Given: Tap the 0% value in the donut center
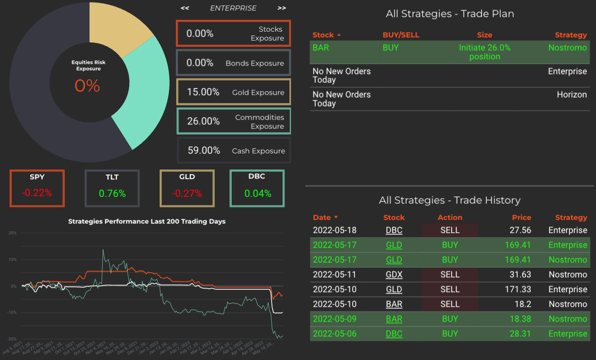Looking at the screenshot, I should pyautogui.click(x=87, y=86).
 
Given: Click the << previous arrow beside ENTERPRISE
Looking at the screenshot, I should pyautogui.click(x=185, y=8).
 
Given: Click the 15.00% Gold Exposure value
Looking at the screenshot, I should pyautogui.click(x=203, y=92).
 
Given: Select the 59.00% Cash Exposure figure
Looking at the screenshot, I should pyautogui.click(x=204, y=150).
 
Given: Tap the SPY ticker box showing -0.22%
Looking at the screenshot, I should pyautogui.click(x=37, y=188).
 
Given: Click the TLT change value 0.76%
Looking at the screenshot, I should pyautogui.click(x=112, y=194).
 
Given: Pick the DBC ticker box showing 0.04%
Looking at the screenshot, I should pyautogui.click(x=257, y=188).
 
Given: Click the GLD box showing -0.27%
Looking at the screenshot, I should pyautogui.click(x=187, y=188).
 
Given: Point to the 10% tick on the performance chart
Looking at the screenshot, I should pyautogui.click(x=13, y=259).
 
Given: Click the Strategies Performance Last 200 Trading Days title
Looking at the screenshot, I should pyautogui.click(x=147, y=221).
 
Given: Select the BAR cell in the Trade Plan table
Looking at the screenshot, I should pyautogui.click(x=321, y=48).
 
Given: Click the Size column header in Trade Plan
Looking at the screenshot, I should pyautogui.click(x=484, y=35).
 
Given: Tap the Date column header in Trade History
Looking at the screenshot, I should pyautogui.click(x=322, y=218).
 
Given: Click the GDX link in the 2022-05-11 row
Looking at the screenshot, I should pyautogui.click(x=394, y=275).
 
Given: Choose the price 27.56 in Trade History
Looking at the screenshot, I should pyautogui.click(x=520, y=230).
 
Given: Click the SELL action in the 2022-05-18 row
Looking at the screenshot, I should pyautogui.click(x=450, y=230).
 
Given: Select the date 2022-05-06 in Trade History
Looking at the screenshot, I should pyautogui.click(x=335, y=334).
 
